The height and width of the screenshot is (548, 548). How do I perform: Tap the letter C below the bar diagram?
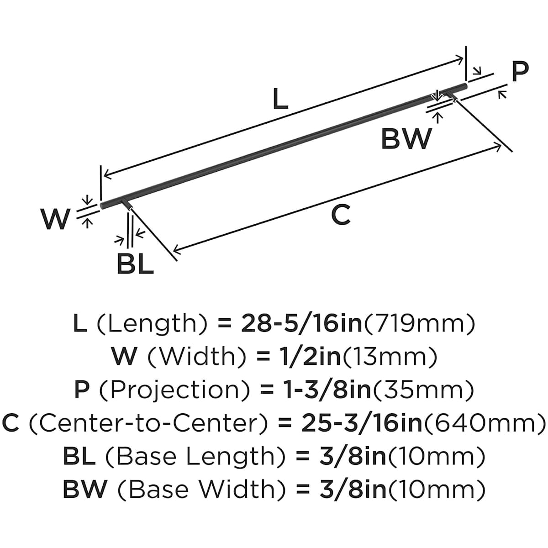[341, 215]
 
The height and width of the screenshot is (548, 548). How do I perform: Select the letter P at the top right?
[519, 71]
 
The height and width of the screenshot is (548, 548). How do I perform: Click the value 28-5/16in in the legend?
[301, 324]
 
